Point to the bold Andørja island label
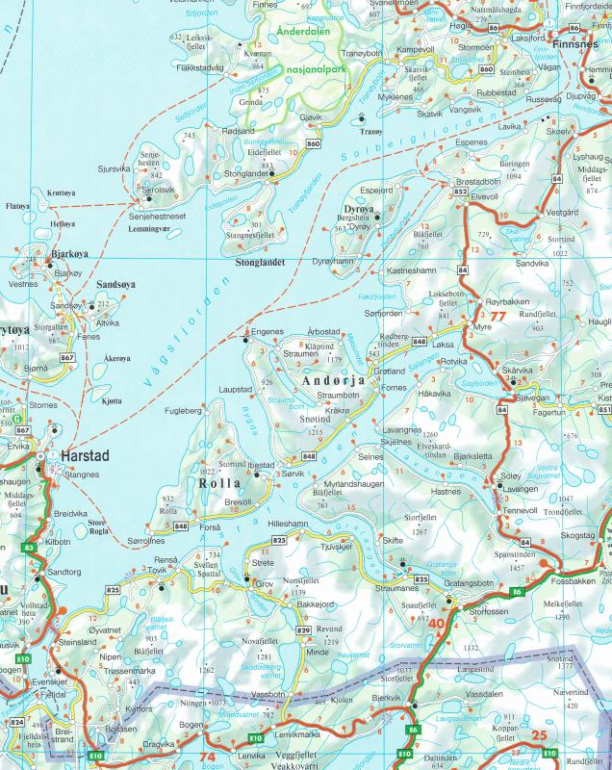coord(334,381)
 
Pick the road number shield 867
coord(66,358)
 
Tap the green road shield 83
coord(29,548)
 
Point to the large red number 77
coord(497,315)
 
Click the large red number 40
coord(437,624)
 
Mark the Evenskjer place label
coord(34,680)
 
